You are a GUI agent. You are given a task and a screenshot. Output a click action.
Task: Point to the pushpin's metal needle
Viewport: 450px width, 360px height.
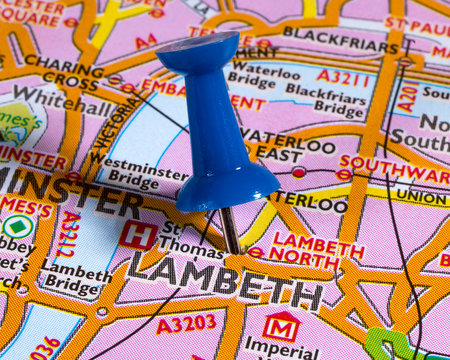click(230, 230)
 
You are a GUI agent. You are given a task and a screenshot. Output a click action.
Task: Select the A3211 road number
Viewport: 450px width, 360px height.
click(343, 76)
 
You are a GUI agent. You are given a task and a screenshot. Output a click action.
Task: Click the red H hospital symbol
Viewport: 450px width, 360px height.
click(137, 235)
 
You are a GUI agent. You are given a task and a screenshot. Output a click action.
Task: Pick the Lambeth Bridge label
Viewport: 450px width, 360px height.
click(75, 276)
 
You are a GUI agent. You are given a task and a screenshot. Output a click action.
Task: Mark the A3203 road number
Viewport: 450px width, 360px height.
click(185, 323)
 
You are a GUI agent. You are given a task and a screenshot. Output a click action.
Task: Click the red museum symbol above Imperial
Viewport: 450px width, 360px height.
click(281, 326)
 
